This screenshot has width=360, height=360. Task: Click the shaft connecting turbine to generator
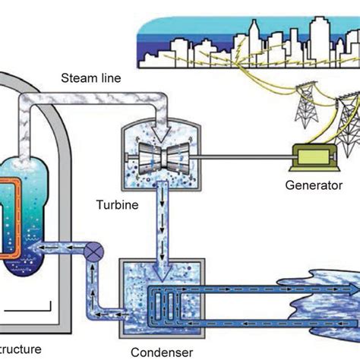[x=243, y=158]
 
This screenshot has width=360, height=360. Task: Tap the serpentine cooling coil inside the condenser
[x=167, y=300]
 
